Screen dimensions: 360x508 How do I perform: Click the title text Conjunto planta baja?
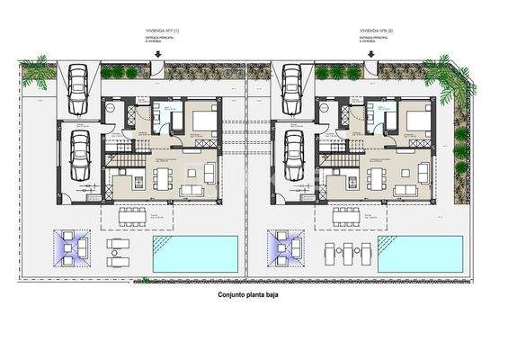click(x=254, y=294)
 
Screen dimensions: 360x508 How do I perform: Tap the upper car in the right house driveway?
click(x=293, y=84)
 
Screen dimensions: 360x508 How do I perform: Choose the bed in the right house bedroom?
click(x=417, y=121)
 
